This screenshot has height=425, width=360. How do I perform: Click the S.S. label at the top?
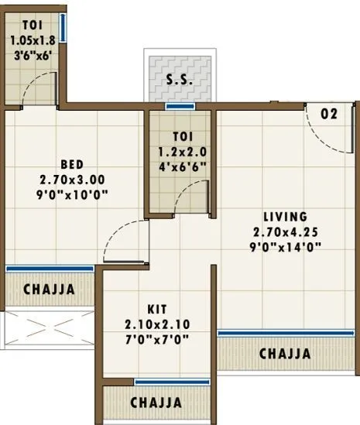[x=180, y=80]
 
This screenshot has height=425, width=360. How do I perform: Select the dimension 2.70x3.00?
[x=71, y=179]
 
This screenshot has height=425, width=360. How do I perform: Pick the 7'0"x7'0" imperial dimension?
[x=157, y=339]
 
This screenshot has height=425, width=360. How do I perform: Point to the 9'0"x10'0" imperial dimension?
[x=71, y=194]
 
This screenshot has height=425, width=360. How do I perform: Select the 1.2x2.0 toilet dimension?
[x=180, y=152]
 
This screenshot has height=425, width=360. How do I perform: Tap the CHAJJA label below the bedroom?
[x=49, y=290]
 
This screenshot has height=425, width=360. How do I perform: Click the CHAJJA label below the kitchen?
[x=156, y=403]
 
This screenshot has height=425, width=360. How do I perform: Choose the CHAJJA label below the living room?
[x=285, y=354]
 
